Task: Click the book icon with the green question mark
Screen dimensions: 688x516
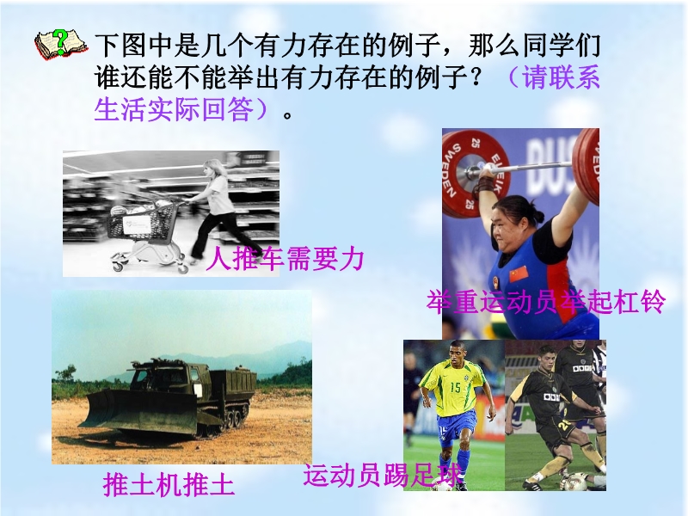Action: coord(61,44)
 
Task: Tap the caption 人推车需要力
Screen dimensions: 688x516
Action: coord(285,259)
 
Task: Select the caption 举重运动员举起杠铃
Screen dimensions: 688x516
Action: coord(545,302)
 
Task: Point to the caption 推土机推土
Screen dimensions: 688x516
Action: coord(169,484)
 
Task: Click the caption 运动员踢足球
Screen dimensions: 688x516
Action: coord(382,476)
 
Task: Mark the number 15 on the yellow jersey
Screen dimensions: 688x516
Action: coord(456,387)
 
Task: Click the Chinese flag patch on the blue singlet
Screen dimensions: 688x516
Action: coord(519,273)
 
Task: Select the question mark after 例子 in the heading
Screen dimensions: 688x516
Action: coord(488,77)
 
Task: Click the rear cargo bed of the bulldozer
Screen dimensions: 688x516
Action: coord(231,385)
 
